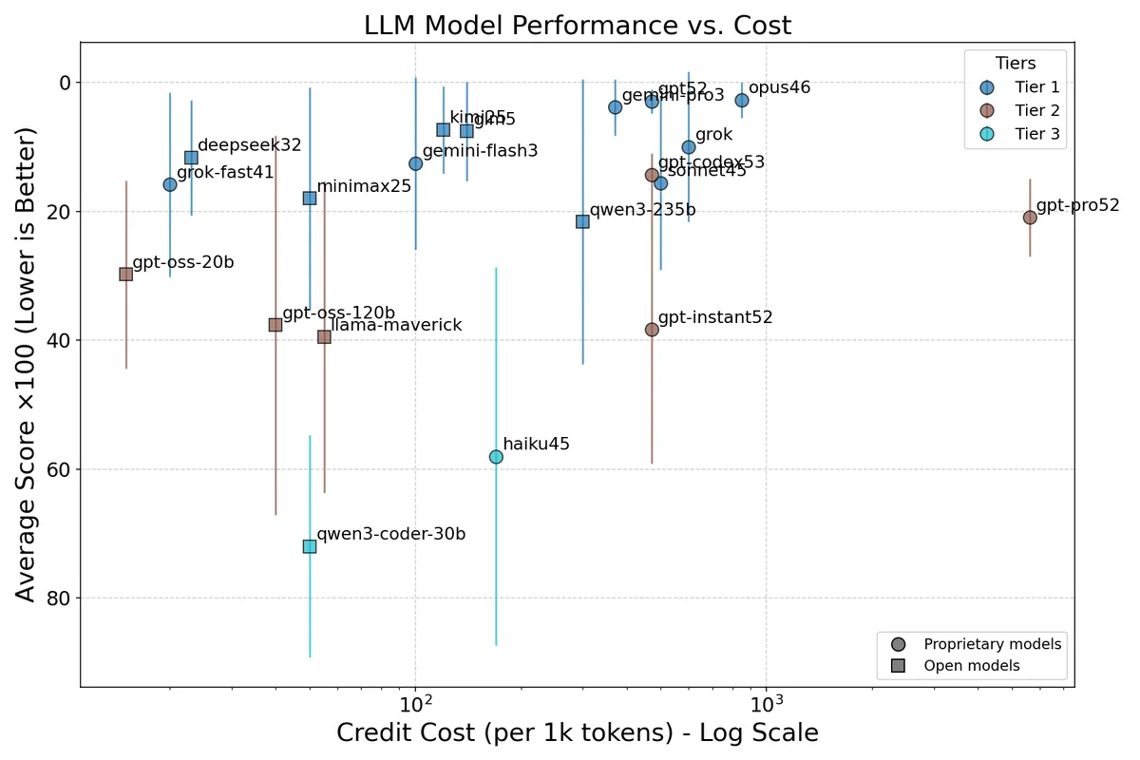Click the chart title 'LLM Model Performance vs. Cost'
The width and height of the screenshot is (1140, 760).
[x=577, y=26]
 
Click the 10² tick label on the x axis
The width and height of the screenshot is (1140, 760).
[x=415, y=704]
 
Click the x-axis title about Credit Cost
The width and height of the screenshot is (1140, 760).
[x=577, y=733]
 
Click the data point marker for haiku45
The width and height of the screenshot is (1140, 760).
[x=496, y=457]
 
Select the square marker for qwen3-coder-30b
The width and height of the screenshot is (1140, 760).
[x=310, y=546]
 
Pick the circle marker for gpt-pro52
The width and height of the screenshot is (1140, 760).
[x=1030, y=218]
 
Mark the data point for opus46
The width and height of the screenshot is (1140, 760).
[x=742, y=100]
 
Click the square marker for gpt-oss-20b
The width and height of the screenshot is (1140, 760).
[x=125, y=274]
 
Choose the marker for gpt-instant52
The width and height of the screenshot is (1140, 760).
[x=652, y=330]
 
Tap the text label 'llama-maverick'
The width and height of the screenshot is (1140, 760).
[x=396, y=325]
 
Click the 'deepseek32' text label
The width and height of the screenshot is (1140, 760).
[x=249, y=145]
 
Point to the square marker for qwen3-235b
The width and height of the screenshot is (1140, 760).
[x=582, y=221]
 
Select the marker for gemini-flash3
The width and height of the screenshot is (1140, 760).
[x=415, y=163]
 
